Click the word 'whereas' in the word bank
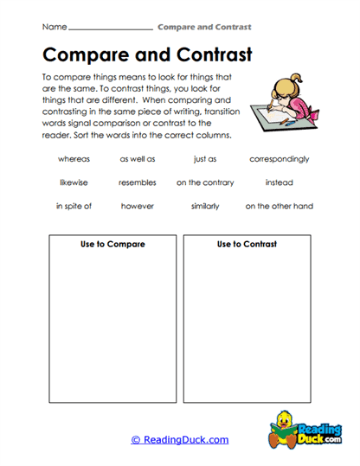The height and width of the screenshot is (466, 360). pos(74,159)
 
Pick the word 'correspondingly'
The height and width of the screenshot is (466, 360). pos(279,159)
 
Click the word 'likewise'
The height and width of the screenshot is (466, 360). pos(74,182)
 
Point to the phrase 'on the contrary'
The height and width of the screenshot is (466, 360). pos(204,182)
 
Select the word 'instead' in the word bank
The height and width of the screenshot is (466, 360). pos(279,182)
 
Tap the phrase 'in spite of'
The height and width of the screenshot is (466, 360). pos(74,207)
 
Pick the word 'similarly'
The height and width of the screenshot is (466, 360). pos(204,207)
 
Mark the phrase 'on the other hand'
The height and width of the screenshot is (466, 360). pos(279,207)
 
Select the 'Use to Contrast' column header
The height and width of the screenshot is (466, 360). pos(247,245)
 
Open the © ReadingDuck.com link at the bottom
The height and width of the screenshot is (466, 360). pos(180,440)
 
